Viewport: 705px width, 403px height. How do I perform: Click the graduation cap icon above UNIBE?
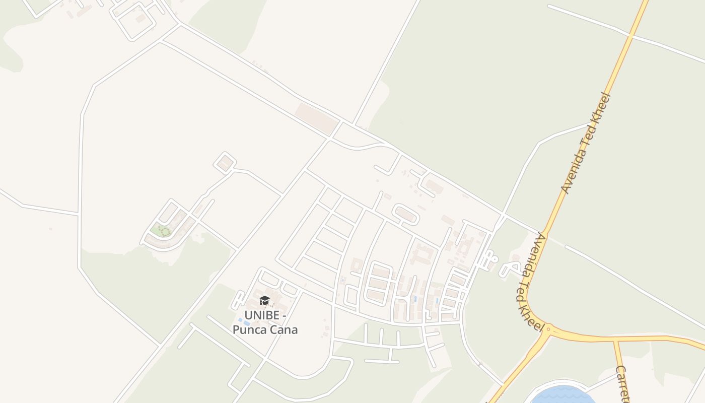264,301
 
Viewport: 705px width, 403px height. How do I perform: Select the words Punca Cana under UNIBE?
265,330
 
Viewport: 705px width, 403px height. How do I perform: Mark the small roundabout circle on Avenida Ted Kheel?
548,328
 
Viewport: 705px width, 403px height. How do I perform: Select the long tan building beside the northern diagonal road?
316,118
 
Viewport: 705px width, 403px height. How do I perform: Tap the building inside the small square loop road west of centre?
225,163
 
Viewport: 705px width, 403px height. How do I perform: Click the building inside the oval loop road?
406,216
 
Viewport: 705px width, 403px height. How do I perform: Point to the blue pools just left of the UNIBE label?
244,321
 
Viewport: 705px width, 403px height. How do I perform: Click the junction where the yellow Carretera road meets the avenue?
614,341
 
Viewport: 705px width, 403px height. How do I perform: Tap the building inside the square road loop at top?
139,19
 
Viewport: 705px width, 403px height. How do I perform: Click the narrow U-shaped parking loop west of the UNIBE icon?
238,300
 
